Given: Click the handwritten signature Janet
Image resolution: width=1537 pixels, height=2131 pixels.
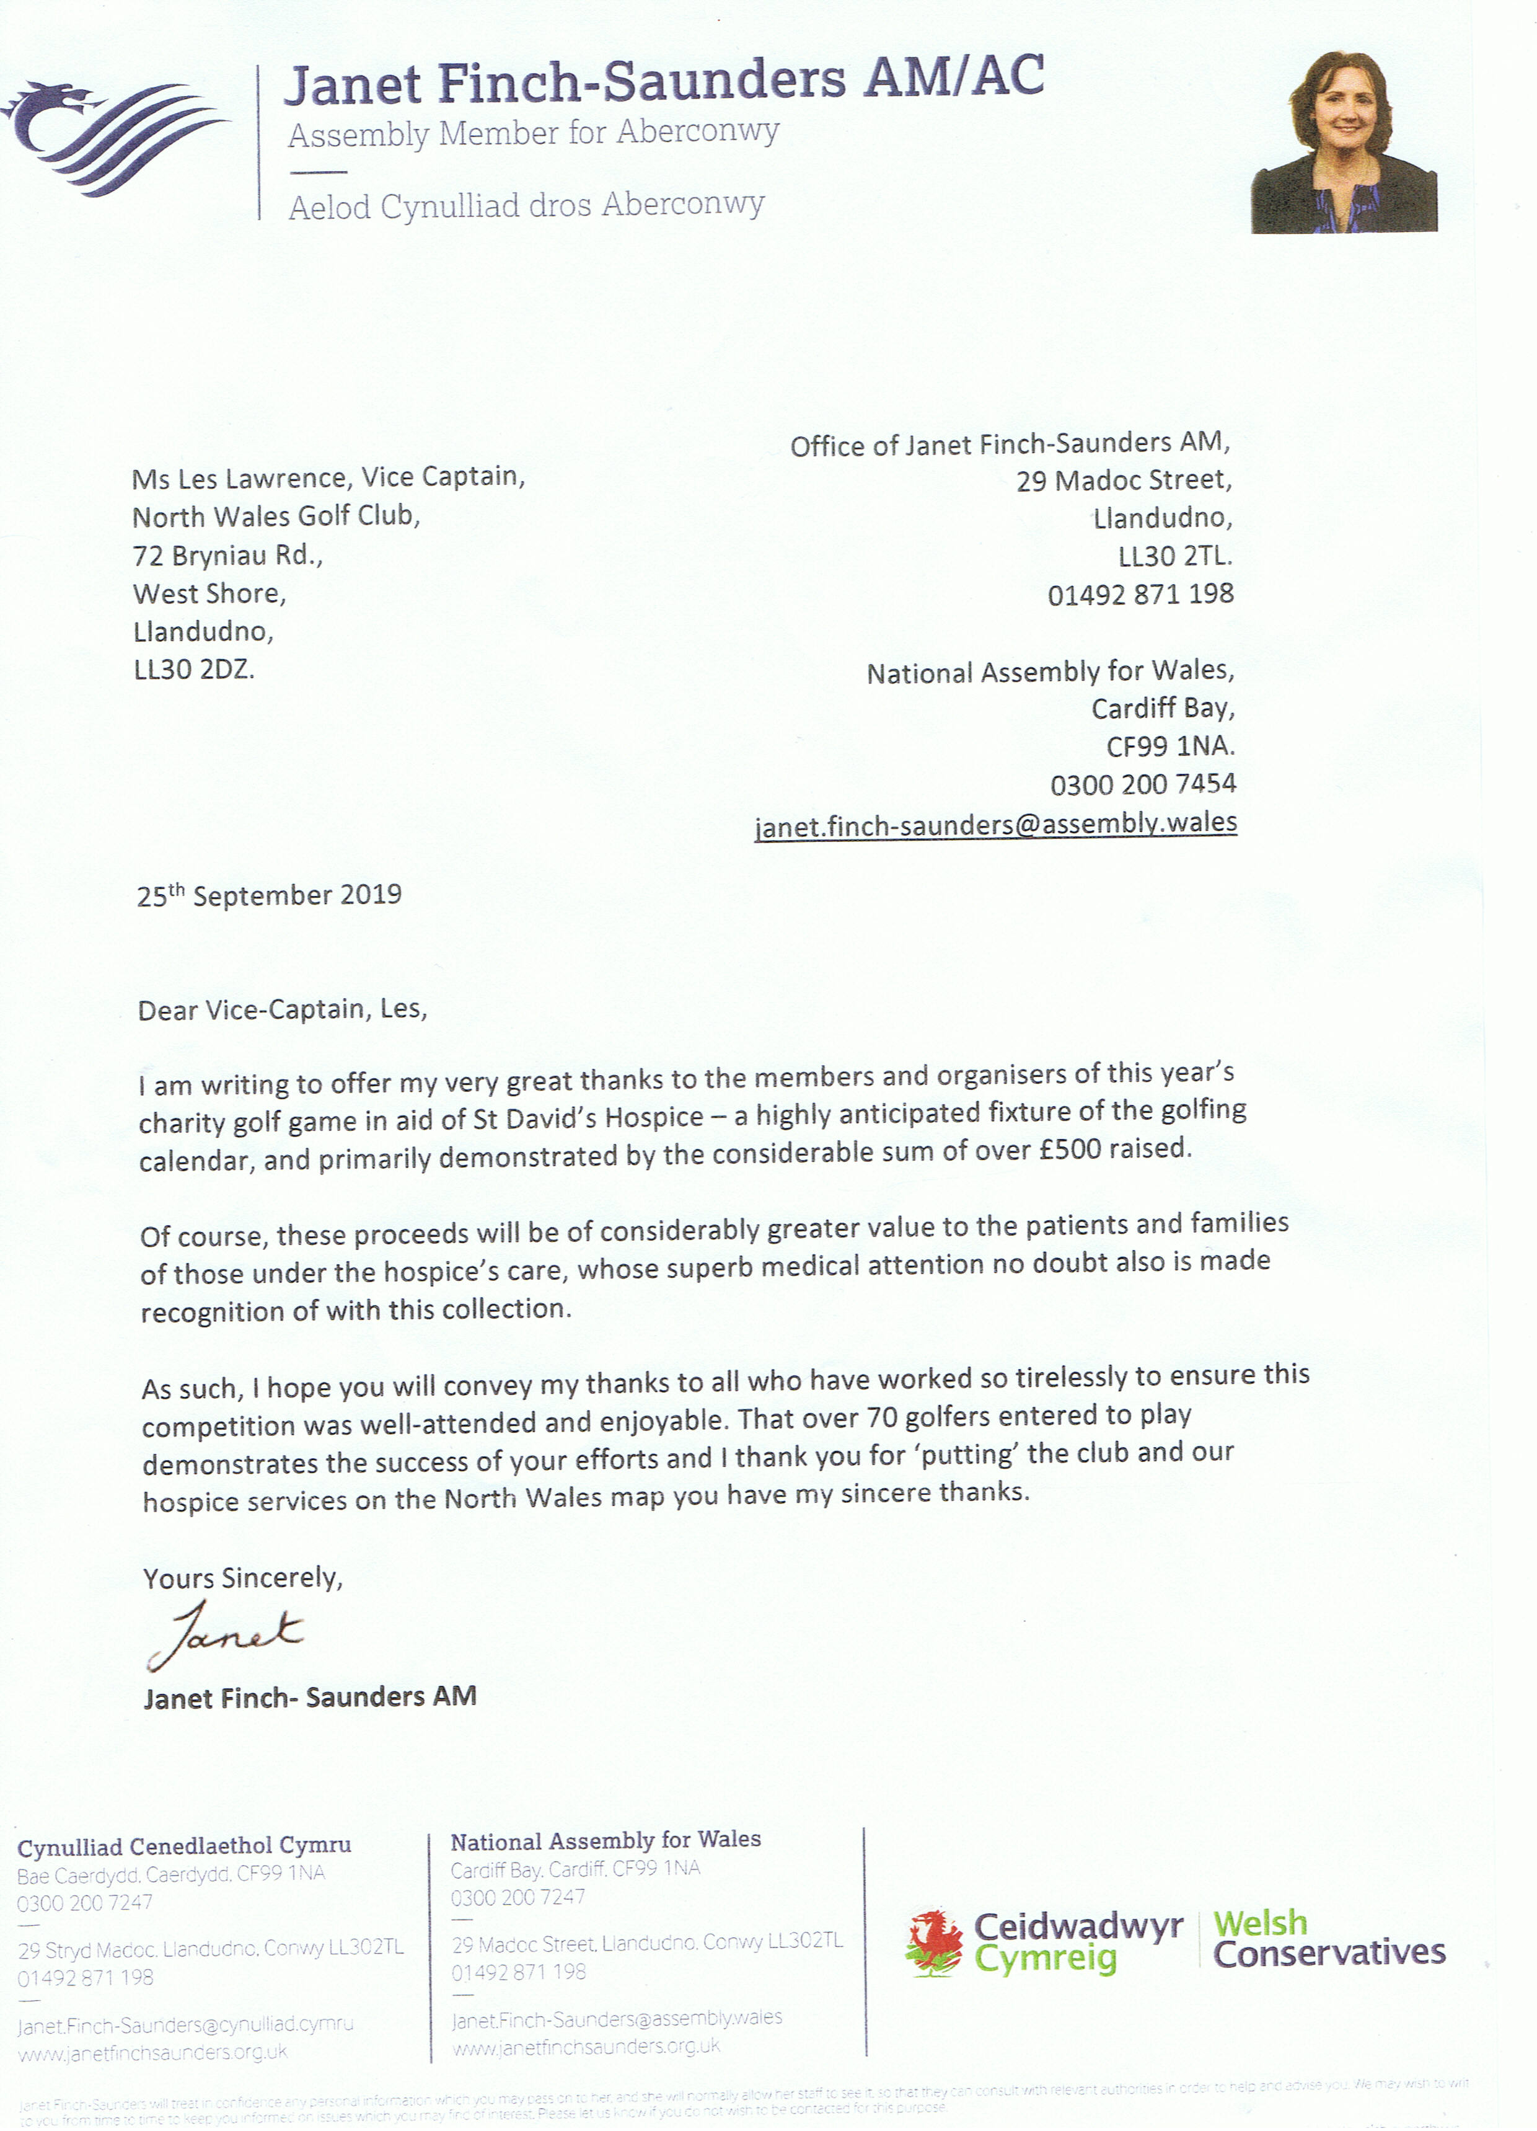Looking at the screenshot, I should pyautogui.click(x=226, y=1636).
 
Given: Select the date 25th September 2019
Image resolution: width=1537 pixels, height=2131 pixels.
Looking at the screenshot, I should pyautogui.click(x=269, y=895).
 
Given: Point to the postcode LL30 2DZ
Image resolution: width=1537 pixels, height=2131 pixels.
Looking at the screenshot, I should pyautogui.click(x=193, y=670).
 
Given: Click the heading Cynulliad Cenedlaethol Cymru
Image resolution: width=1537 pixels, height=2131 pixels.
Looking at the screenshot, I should pyautogui.click(x=184, y=1846).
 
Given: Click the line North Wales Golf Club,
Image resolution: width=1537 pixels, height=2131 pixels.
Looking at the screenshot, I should pyautogui.click(x=276, y=516).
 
